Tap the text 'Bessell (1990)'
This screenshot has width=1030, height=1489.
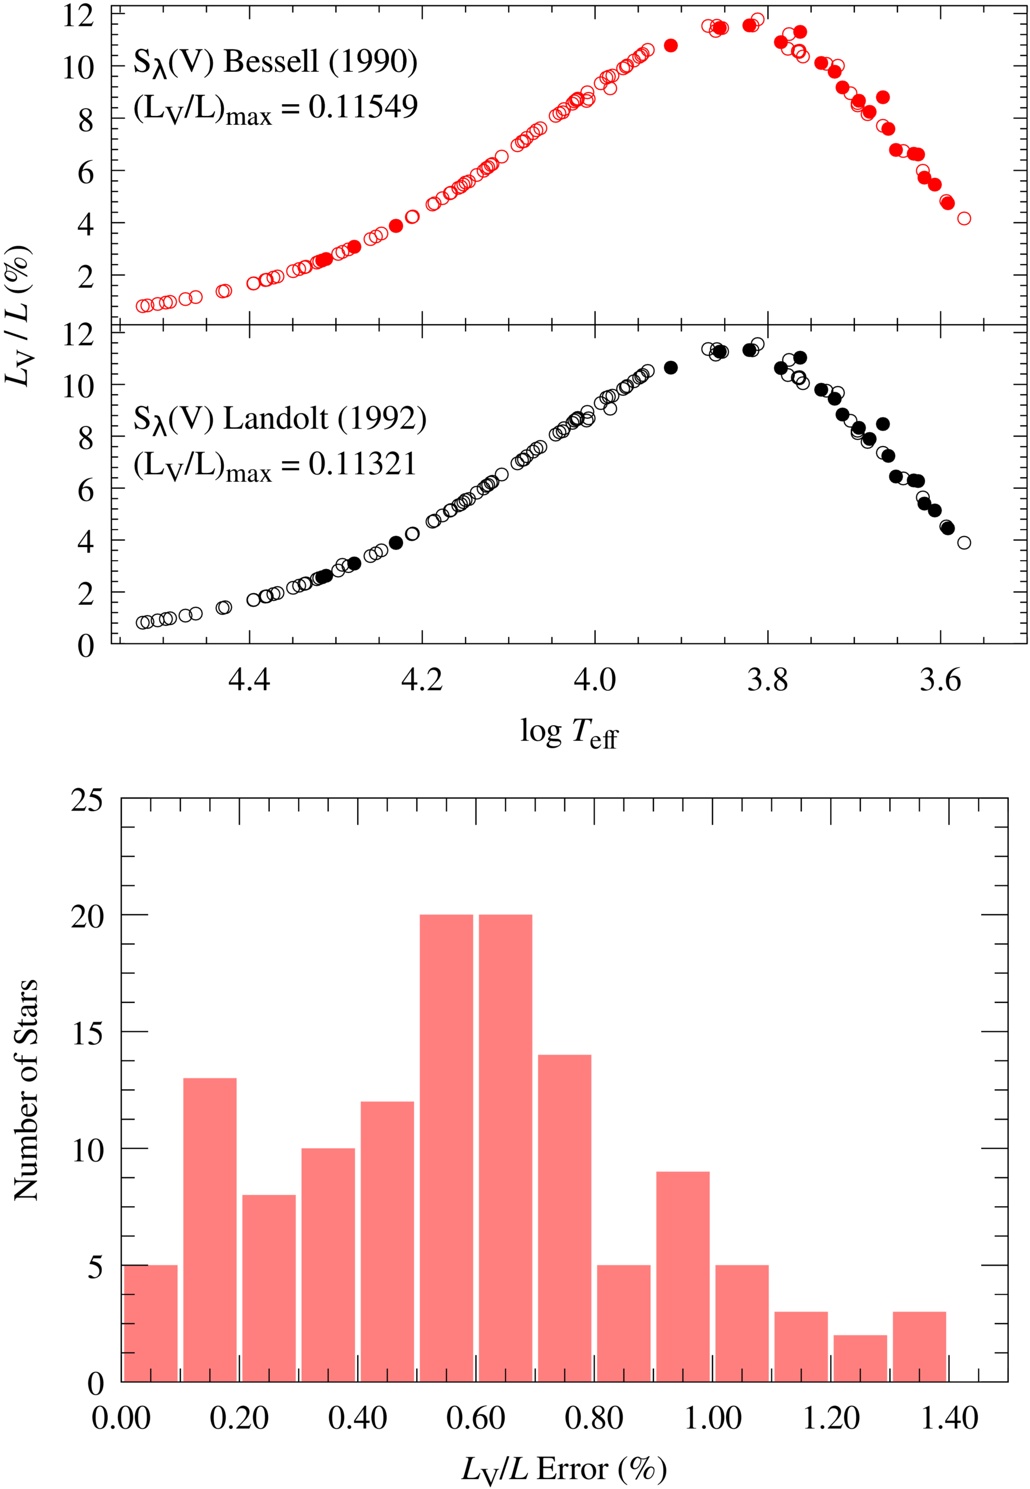coord(320,61)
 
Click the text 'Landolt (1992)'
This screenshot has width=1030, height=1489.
coord(325,419)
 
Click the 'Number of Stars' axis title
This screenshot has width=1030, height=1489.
coord(26,1090)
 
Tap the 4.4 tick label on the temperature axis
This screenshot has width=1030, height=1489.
coord(249,679)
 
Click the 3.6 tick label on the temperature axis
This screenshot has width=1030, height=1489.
coord(940,679)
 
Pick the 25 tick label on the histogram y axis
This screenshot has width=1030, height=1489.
coord(87,800)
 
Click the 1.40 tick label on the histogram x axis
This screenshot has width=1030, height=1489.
coord(949,1419)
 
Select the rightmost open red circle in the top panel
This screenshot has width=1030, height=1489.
coord(964,219)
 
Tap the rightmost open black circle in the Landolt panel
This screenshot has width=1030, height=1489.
coord(964,542)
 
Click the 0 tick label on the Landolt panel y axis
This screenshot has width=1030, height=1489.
coord(86,645)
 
